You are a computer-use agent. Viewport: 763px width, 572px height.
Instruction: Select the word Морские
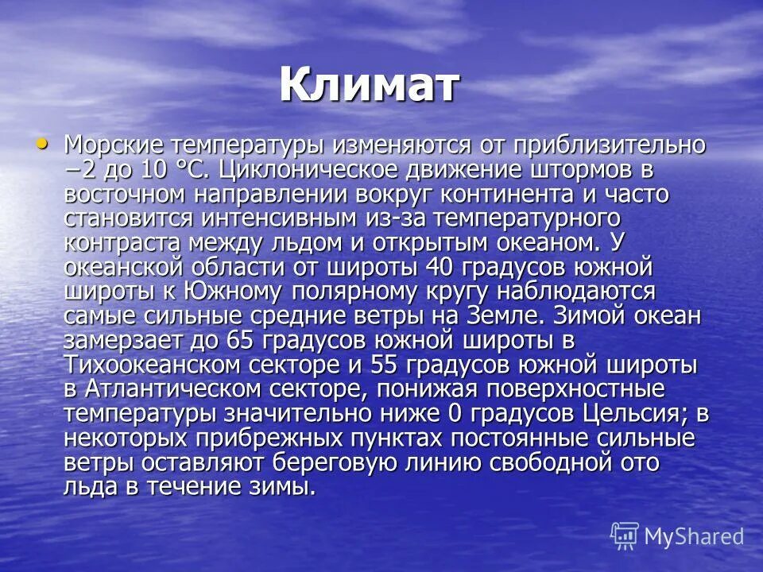114,145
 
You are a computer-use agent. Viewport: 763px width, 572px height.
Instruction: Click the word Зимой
575,316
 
